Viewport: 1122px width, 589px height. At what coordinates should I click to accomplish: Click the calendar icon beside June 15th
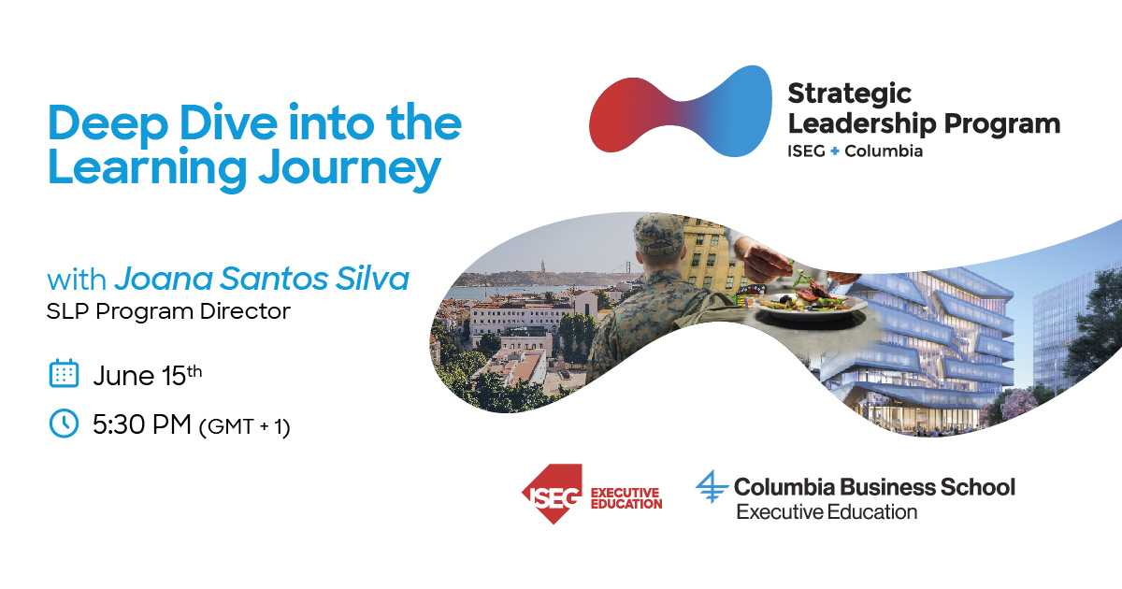click(x=64, y=373)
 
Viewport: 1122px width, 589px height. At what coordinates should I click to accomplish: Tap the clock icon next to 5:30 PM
click(x=64, y=424)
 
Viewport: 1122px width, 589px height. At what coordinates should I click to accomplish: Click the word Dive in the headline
click(x=228, y=122)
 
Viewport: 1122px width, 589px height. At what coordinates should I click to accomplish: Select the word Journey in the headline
click(x=350, y=169)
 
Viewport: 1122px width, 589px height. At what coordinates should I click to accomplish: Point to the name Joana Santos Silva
click(x=262, y=279)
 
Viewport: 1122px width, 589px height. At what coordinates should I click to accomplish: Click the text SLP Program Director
click(x=168, y=311)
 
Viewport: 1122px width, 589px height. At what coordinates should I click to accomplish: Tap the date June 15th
click(x=148, y=375)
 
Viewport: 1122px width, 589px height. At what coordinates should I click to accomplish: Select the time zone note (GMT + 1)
click(x=244, y=427)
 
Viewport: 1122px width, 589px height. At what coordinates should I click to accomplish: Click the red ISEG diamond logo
click(x=552, y=494)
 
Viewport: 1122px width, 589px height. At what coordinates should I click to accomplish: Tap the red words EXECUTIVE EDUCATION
click(x=626, y=498)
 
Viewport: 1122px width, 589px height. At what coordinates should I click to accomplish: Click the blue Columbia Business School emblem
click(x=712, y=486)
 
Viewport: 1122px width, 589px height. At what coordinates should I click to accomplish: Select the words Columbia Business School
click(x=874, y=487)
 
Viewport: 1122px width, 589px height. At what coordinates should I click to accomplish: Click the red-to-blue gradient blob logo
click(x=681, y=110)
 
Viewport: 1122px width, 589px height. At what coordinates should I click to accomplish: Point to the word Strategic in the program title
click(x=850, y=93)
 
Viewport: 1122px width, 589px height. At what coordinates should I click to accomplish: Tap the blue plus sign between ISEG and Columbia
click(x=834, y=151)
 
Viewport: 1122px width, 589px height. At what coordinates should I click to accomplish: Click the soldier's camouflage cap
click(x=657, y=234)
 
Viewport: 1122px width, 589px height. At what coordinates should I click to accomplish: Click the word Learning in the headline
click(x=148, y=169)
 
